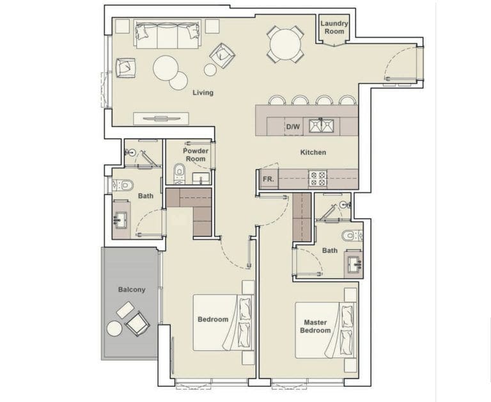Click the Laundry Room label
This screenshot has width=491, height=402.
point(334,28)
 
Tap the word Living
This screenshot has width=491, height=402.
point(203,93)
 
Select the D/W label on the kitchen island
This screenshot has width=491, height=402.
point(293,127)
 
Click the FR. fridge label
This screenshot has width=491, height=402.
point(269,180)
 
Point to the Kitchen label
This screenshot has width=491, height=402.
point(313,152)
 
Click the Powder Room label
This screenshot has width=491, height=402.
point(196,155)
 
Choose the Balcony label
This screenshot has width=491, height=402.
point(132,289)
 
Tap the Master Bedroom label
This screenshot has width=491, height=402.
point(316,326)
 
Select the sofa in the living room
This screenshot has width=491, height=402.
point(168,36)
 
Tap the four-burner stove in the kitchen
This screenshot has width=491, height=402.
point(318,178)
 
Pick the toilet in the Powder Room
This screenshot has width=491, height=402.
point(179,172)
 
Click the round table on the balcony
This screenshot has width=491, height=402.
point(114,328)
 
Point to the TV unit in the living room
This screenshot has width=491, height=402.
point(161,118)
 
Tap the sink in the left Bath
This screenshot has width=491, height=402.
point(121,220)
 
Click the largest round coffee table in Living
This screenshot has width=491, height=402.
point(166,67)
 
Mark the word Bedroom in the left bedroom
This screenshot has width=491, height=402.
point(212,319)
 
